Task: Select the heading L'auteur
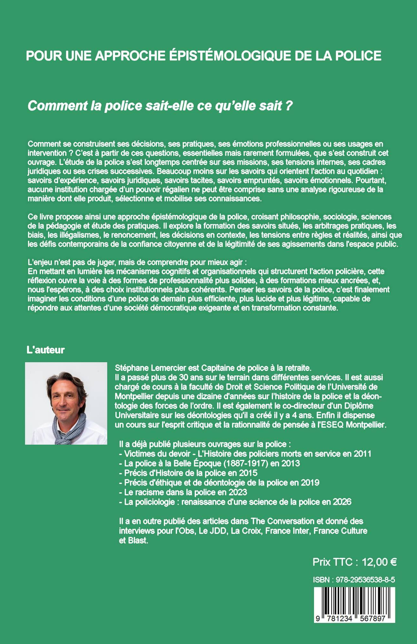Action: [46, 350]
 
